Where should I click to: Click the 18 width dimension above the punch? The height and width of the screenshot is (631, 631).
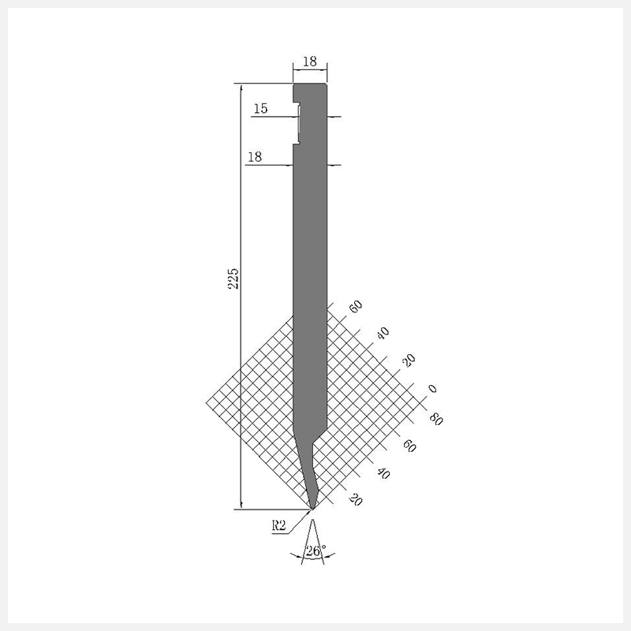[309, 62]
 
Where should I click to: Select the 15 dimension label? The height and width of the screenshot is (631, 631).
[261, 108]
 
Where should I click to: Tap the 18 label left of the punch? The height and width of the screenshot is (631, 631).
[255, 156]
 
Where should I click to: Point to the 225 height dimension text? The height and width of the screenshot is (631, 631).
[233, 278]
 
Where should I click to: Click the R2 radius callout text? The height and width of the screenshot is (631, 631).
[278, 525]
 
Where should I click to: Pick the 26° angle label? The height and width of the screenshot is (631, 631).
[315, 551]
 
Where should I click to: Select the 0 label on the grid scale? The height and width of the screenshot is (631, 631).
[431, 388]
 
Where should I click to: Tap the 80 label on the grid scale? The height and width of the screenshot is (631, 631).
[436, 420]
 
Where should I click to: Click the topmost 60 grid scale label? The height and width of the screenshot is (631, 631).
[356, 306]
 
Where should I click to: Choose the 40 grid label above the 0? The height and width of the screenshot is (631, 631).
[383, 333]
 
